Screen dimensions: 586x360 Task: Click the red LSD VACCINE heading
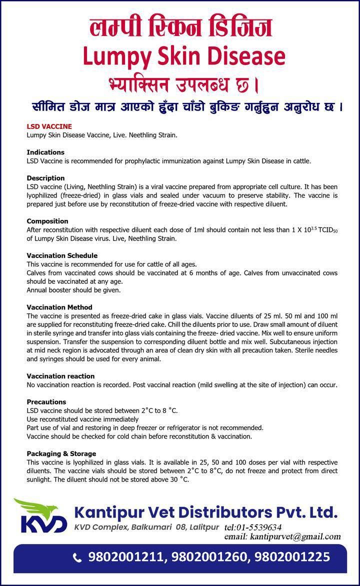pyautogui.click(x=49, y=126)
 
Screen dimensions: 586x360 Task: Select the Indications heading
pyautogui.click(x=45, y=152)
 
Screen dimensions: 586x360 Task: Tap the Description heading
pyautogui.click(x=45, y=178)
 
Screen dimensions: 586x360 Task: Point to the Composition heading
pyautogui.click(x=47, y=221)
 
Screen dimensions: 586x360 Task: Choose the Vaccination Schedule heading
pyautogui.click(x=62, y=255)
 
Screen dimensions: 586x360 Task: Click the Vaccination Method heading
pyautogui.click(x=59, y=307)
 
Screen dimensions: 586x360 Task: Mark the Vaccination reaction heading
pyautogui.click(x=60, y=376)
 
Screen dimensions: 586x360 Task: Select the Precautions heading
pyautogui.click(x=46, y=401)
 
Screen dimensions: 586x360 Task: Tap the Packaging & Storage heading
pyautogui.click(x=61, y=453)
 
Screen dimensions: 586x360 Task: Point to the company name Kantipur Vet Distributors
pyautogui.click(x=206, y=512)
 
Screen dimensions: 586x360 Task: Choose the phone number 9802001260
pyautogui.click(x=210, y=557)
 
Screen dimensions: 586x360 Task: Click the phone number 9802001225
pyautogui.click(x=292, y=557)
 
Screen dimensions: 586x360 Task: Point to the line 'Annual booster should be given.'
pyautogui.click(x=73, y=289)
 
